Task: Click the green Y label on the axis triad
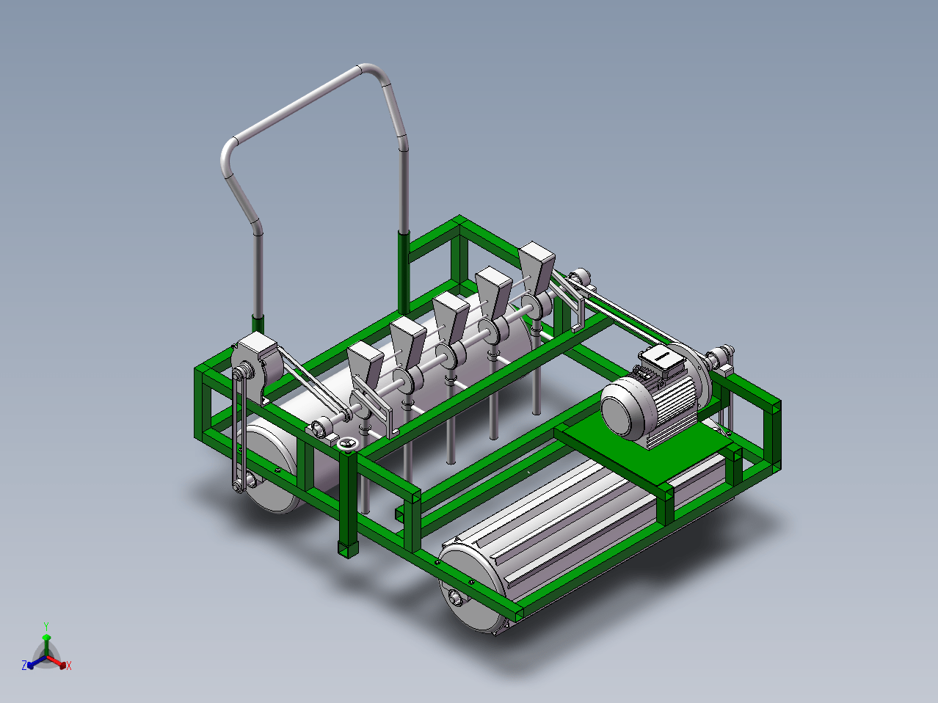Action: [x=46, y=627]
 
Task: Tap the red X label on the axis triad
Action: [x=69, y=666]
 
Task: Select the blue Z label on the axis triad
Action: [x=24, y=665]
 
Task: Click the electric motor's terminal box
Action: [x=661, y=359]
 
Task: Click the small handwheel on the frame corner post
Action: [x=347, y=445]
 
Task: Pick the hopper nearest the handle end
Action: [x=366, y=364]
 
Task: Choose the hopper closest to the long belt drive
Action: [x=537, y=267]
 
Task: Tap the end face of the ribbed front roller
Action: [x=470, y=589]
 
